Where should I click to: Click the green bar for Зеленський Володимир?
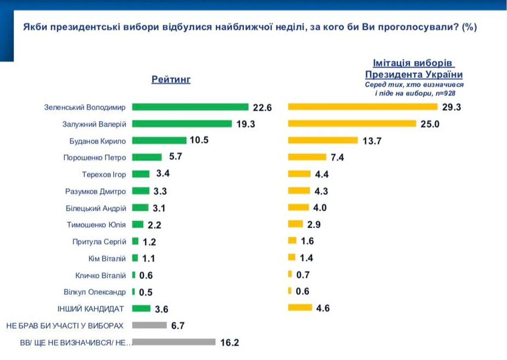coord(190,107)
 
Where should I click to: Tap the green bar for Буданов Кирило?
coord(159,140)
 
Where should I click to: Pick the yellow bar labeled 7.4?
coord(307,157)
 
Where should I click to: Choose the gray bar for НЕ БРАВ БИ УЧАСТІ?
coord(150,325)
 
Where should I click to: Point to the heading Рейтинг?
coord(171,79)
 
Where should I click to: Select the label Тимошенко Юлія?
coord(96,225)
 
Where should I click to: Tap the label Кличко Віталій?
coord(101,275)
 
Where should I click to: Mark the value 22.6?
coord(262,108)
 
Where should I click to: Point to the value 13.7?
coord(372,141)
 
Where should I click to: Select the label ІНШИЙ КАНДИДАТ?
coord(90,308)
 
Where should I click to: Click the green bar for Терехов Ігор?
coord(141,174)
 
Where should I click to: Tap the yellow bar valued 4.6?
coord(300,308)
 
